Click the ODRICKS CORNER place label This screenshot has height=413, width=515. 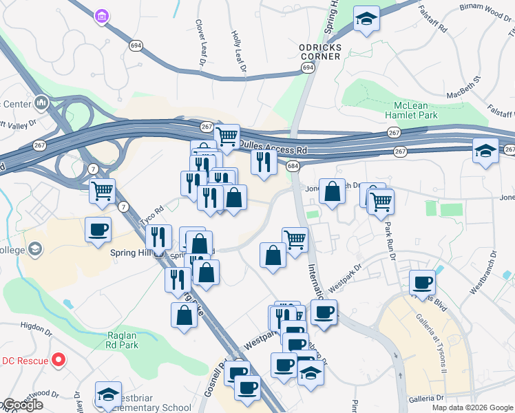pyautogui.click(x=319, y=52)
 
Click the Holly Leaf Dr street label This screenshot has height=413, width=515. pyautogui.click(x=238, y=52)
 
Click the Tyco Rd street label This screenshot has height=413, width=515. pyautogui.click(x=151, y=215)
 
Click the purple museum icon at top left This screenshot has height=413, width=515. pyautogui.click(x=103, y=16)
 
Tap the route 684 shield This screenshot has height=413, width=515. pyautogui.click(x=293, y=167)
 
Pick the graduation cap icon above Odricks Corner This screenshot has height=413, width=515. pyautogui.click(x=366, y=20)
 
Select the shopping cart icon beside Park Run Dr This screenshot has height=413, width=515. pyautogui.click(x=381, y=202)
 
